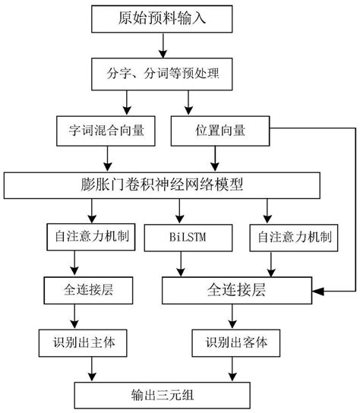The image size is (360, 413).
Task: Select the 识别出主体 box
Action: click(93, 342)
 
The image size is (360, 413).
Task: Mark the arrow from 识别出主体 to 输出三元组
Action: click(93, 367)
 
